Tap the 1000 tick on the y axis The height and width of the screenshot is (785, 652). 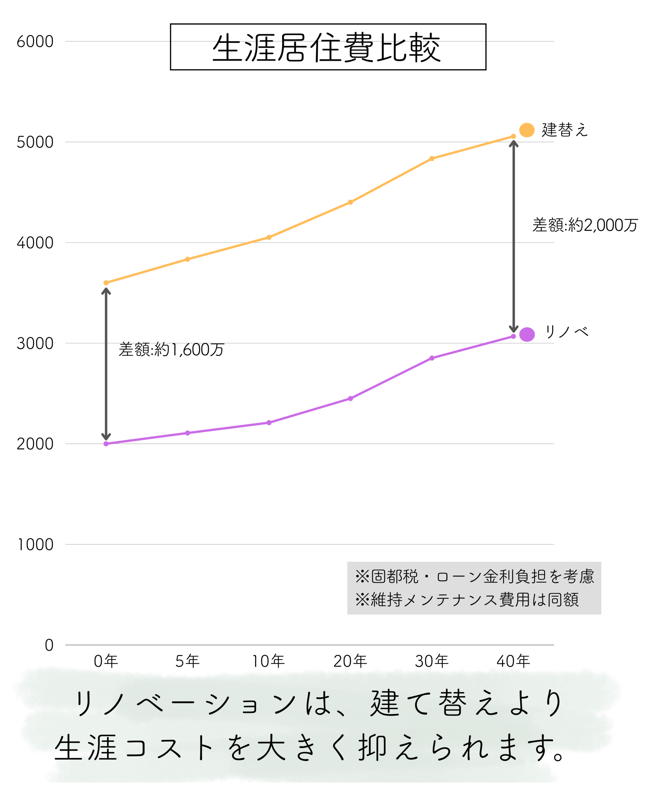[36, 545]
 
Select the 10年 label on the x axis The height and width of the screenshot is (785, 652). [268, 661]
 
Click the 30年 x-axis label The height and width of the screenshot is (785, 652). [432, 661]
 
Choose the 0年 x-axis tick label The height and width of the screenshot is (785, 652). [106, 661]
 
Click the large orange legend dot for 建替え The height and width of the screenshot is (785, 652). [527, 130]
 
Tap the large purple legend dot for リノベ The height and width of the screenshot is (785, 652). [527, 335]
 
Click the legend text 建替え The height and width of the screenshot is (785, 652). [565, 130]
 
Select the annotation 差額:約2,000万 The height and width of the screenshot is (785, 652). [585, 225]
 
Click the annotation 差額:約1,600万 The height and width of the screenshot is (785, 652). [171, 350]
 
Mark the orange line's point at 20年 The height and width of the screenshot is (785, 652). [350, 202]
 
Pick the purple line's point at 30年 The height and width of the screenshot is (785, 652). [432, 358]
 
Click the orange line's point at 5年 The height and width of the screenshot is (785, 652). [188, 259]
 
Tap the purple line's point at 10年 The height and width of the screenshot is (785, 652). [269, 423]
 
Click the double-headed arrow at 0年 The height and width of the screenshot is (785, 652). [106, 365]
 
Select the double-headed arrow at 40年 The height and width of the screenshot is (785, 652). [513, 236]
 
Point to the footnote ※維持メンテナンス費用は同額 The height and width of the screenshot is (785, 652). [467, 599]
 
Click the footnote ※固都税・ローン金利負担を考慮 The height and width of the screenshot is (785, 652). [475, 576]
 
